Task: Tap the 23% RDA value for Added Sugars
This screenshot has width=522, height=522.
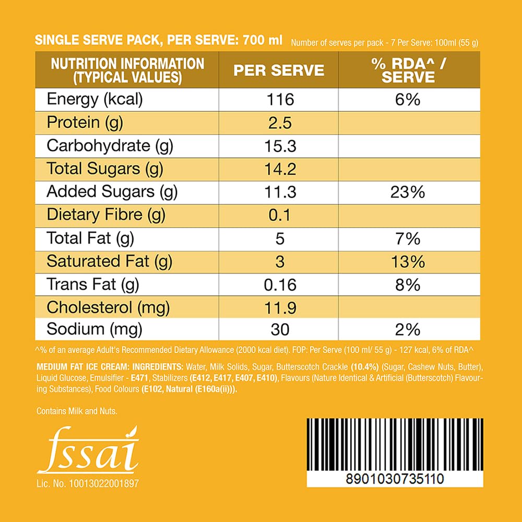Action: click(407, 192)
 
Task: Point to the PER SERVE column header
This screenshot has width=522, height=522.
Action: click(279, 70)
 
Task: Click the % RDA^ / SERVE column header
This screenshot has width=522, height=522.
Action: click(403, 70)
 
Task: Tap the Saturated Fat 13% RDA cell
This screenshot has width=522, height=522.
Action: click(407, 262)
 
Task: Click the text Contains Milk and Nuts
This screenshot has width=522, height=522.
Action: click(77, 411)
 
